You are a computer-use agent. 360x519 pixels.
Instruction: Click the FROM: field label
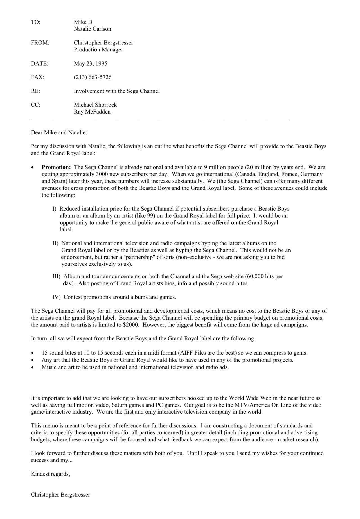[40, 43]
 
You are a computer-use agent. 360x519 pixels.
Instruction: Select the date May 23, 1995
[90, 64]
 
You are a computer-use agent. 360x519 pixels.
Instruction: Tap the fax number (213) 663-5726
[93, 77]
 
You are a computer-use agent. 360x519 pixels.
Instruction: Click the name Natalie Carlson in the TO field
[92, 29]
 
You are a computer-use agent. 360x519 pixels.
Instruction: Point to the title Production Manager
[98, 50]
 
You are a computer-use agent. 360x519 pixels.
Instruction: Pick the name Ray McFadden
[92, 112]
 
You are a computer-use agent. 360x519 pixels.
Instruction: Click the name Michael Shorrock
[95, 105]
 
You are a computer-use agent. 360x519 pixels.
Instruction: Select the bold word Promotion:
[56, 168]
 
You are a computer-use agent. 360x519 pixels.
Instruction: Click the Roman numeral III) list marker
[56, 277]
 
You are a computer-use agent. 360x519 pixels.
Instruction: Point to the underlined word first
[129, 412]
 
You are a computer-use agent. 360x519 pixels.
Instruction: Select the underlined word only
[150, 412]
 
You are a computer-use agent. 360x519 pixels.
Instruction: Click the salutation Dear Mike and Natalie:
[59, 133]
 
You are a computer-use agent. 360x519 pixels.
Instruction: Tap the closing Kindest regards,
[50, 474]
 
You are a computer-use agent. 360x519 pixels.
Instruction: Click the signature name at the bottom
[60, 495]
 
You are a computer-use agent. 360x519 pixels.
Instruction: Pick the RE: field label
[35, 91]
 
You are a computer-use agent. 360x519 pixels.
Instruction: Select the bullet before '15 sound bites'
[33, 353]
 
